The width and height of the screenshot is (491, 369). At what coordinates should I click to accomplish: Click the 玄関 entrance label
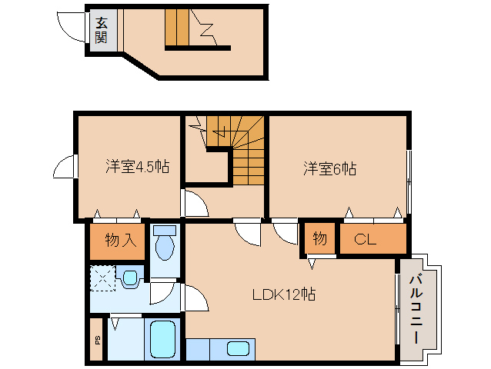[x=102, y=30]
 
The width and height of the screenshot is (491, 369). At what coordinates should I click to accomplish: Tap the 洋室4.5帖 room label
[x=138, y=166]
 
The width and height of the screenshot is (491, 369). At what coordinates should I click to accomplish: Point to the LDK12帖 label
[x=284, y=294]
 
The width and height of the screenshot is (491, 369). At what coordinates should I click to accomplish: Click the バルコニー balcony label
[x=416, y=308]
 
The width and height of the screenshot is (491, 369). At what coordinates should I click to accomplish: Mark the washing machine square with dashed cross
[x=103, y=278]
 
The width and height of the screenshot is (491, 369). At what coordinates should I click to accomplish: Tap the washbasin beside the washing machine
[x=129, y=278]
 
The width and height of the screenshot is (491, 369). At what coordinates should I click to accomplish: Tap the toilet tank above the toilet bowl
[x=163, y=229]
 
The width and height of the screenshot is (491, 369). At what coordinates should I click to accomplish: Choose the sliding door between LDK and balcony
[x=397, y=307]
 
